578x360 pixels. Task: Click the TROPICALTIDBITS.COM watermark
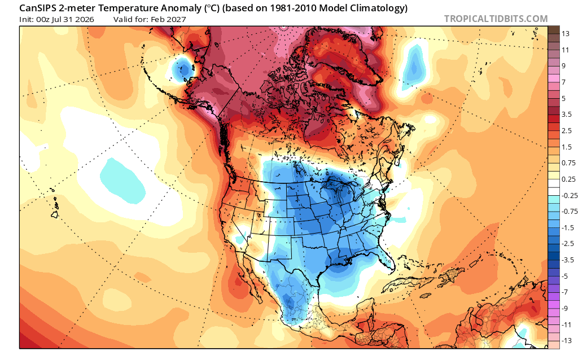496,19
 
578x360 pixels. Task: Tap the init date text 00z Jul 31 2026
65,19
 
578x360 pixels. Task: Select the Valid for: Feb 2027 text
150,19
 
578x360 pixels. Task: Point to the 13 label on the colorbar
566,34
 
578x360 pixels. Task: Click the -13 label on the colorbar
567,340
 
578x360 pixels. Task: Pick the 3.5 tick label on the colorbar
567,115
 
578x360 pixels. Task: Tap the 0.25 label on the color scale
568,179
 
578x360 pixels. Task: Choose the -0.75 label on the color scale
570,212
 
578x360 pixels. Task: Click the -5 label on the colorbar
564,276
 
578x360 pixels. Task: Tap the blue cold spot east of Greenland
414,66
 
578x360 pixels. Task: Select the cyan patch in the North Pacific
124,181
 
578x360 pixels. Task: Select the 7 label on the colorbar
564,82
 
